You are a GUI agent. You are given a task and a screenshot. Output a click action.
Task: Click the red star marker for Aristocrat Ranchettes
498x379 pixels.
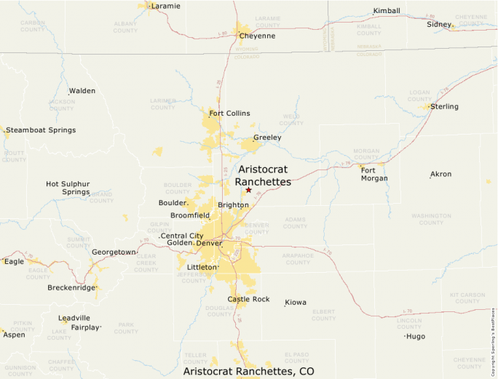tap(248, 190)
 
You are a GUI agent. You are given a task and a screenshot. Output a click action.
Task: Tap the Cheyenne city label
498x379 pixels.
tap(257, 36)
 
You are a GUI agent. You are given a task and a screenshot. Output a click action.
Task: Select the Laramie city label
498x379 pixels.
tap(165, 6)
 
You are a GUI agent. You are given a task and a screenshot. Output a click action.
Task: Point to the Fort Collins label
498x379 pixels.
tap(229, 113)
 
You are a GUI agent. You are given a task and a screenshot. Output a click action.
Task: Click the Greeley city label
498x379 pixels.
tap(267, 137)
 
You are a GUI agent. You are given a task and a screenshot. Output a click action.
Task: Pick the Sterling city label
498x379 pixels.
tap(444, 106)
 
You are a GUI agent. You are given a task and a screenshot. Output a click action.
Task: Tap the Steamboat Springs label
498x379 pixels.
tap(41, 129)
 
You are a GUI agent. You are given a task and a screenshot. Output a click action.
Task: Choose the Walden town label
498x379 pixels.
tap(82, 91)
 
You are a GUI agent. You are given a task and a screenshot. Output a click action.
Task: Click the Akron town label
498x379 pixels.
tap(440, 174)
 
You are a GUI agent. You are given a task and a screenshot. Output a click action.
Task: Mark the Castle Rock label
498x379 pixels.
tap(248, 299)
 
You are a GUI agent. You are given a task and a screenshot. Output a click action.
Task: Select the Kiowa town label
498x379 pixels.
tap(296, 302)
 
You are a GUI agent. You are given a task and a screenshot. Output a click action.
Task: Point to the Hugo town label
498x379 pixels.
tap(415, 336)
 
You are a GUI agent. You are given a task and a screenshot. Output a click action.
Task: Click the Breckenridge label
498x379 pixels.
tap(71, 287)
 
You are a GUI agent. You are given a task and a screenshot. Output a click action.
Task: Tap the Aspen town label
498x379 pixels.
tap(14, 335)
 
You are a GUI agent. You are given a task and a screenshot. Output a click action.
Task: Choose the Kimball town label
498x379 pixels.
tap(386, 11)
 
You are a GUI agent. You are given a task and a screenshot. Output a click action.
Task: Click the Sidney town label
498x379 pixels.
tap(439, 24)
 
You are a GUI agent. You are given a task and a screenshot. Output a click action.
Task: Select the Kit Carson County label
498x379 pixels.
tap(467, 298)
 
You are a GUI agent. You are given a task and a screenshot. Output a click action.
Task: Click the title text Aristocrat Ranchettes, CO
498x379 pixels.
tap(248, 371)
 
